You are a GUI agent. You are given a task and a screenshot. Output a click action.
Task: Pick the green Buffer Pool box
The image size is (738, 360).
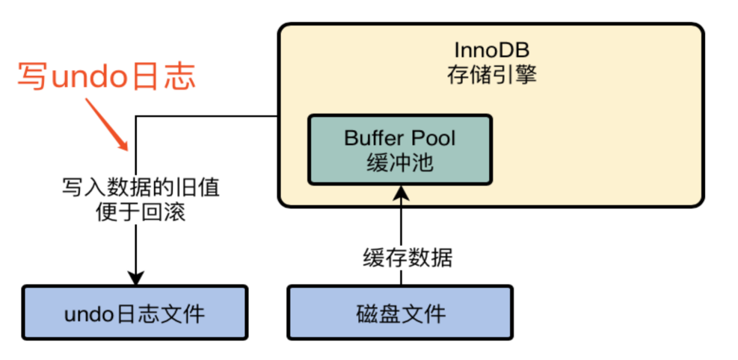coord(400,149)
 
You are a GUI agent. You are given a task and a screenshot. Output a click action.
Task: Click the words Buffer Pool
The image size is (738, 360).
coord(400,138)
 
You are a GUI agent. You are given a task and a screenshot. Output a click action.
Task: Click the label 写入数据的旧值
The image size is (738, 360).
coord(140,188)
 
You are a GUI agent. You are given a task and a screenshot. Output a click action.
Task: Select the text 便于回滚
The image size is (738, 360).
coord(140,212)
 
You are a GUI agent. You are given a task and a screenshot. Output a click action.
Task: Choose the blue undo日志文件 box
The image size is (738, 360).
coord(134,312)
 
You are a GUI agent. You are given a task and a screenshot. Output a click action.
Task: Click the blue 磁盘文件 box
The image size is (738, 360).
coord(400,312)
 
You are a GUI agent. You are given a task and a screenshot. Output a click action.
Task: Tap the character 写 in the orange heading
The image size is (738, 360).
coord(32,77)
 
